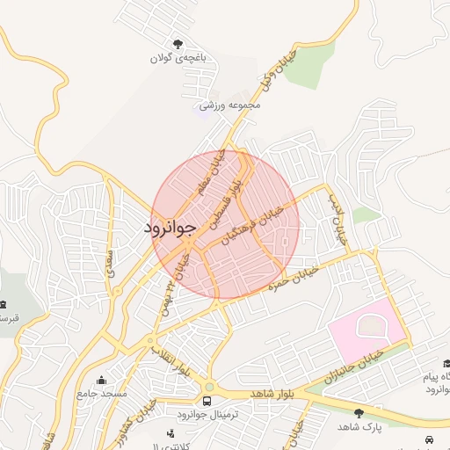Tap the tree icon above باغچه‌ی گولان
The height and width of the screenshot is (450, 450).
pos(179,43)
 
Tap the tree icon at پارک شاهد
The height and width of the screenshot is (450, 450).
pos(359,412)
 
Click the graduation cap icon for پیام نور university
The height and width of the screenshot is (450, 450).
pos(446,363)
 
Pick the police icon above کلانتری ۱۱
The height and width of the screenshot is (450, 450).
pos(171,432)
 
